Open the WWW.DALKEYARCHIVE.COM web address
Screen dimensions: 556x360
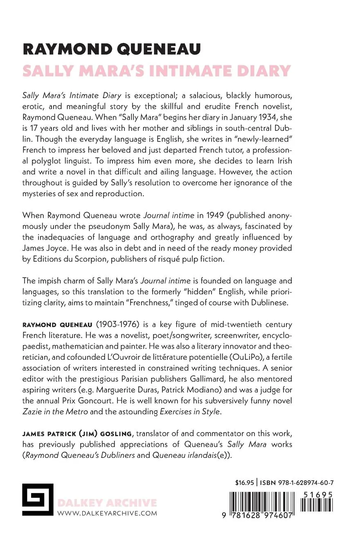(x=108, y=513)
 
